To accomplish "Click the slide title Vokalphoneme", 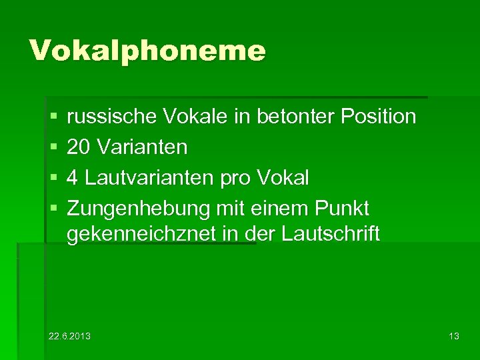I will tap(147, 50).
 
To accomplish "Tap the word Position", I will tap(378, 117).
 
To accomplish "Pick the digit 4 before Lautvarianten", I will tap(73, 177).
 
